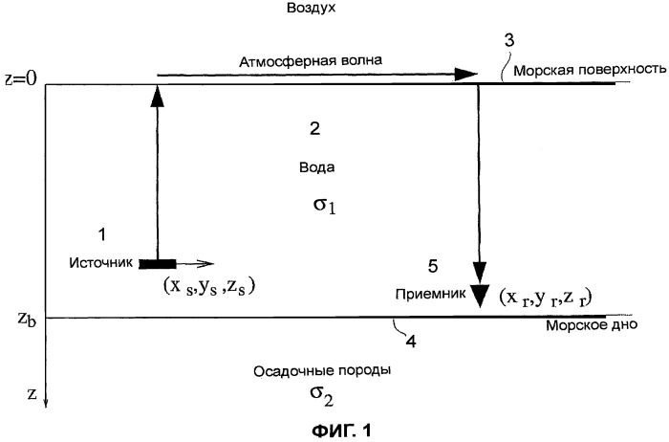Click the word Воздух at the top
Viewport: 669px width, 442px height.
311,8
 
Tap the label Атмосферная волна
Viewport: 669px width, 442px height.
311,61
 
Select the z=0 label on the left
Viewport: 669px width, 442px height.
21,79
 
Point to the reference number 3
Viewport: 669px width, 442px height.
509,40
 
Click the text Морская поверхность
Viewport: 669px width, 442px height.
590,70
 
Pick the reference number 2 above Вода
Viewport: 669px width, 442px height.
314,128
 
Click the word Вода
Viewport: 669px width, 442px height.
316,167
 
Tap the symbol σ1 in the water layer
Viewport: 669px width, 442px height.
324,206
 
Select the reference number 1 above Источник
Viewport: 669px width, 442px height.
102,234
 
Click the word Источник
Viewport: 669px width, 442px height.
101,262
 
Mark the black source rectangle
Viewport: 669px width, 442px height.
158,264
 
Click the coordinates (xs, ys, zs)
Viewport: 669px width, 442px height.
208,286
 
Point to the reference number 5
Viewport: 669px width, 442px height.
433,267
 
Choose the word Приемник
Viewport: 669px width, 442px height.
430,295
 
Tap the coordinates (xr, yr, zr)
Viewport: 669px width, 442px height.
546,298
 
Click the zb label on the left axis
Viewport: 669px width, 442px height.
27,319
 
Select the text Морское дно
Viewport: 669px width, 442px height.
592,325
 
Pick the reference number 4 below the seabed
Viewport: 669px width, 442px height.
410,342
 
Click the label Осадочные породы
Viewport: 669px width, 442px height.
322,370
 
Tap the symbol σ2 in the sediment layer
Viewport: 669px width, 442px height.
322,396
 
